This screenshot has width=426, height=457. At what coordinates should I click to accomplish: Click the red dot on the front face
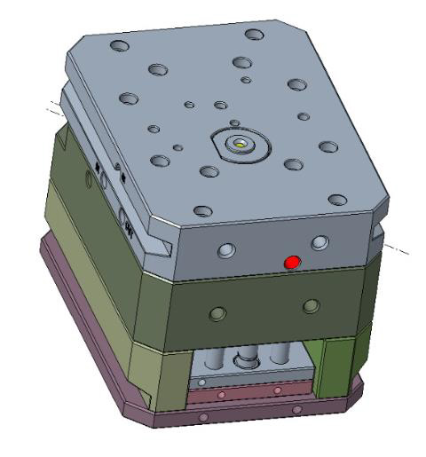pyautogui.click(x=291, y=262)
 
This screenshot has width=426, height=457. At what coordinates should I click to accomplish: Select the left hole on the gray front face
pyautogui.click(x=226, y=252)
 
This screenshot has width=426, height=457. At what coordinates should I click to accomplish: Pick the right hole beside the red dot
pyautogui.click(x=319, y=241)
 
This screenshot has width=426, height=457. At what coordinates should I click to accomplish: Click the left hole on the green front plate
pyautogui.click(x=216, y=313)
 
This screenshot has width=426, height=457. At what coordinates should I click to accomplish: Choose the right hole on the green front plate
pyautogui.click(x=310, y=305)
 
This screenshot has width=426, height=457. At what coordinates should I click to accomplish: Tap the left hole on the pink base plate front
pyautogui.click(x=205, y=416)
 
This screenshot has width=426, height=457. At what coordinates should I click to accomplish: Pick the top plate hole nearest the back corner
pyautogui.click(x=255, y=35)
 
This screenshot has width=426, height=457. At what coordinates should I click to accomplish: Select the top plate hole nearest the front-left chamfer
pyautogui.click(x=203, y=211)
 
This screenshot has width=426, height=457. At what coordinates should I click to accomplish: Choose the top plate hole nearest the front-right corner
pyautogui.click(x=335, y=200)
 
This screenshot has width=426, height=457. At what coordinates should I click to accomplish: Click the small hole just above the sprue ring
pyautogui.click(x=233, y=122)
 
